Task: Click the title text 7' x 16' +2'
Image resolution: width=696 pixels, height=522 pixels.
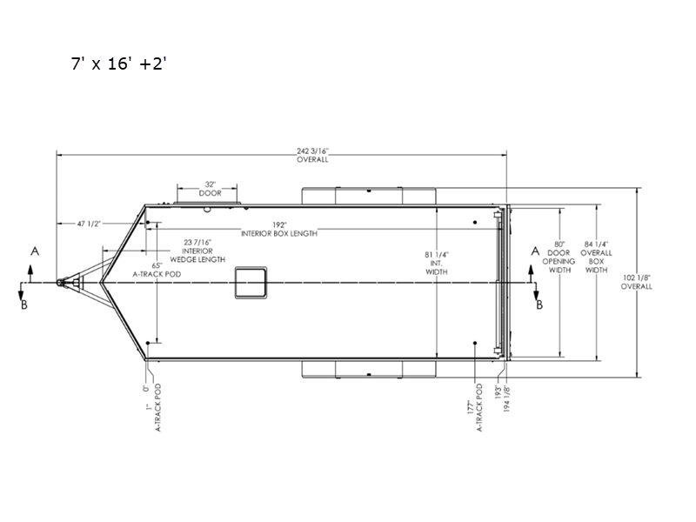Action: click(x=118, y=64)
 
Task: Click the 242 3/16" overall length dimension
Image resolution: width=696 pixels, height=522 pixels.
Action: click(x=312, y=156)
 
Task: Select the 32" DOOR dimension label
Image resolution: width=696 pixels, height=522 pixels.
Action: click(x=210, y=189)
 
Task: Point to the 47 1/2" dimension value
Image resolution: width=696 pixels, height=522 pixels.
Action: click(x=89, y=224)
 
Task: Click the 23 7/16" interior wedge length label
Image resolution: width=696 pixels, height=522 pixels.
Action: click(x=197, y=251)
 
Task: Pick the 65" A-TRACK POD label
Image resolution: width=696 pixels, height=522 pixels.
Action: click(x=157, y=270)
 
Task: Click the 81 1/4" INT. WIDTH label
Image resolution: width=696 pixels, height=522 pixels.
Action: click(x=437, y=264)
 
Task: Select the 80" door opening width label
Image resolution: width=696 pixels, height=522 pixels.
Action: click(x=559, y=257)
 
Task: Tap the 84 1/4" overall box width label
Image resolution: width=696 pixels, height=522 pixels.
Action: click(x=596, y=257)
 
